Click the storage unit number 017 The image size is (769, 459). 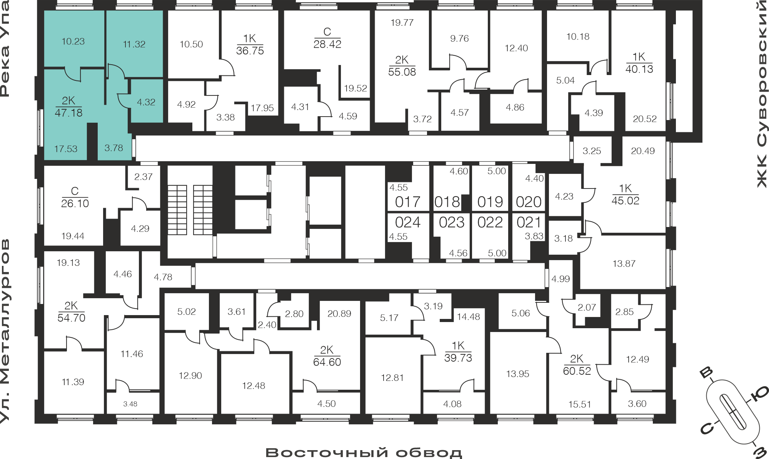pyautogui.click(x=408, y=202)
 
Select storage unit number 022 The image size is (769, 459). pyautogui.click(x=490, y=222)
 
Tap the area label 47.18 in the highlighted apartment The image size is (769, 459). pyautogui.click(x=68, y=113)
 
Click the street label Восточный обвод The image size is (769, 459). pyautogui.click(x=364, y=452)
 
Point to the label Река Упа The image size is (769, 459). pyautogui.click(x=5, y=48)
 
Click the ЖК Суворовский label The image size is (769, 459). pyautogui.click(x=762, y=95)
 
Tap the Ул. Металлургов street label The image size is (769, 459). pyautogui.click(x=5, y=331)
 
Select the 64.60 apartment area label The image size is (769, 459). pyautogui.click(x=327, y=362)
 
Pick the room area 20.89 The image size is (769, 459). pyautogui.click(x=339, y=314)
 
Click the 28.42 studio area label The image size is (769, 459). pyautogui.click(x=327, y=44)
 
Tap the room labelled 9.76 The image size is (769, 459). pyautogui.click(x=459, y=38)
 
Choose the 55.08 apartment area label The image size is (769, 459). pyautogui.click(x=402, y=72)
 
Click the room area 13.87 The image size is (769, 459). pyautogui.click(x=624, y=264)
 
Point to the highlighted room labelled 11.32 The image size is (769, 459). pyautogui.click(x=134, y=45)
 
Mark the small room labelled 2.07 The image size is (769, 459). pyautogui.click(x=587, y=307)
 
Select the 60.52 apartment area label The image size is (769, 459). pyautogui.click(x=577, y=371)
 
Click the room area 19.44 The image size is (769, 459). pyautogui.click(x=73, y=236)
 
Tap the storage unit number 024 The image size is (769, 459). pyautogui.click(x=408, y=222)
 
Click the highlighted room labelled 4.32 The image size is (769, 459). pyautogui.click(x=146, y=102)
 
